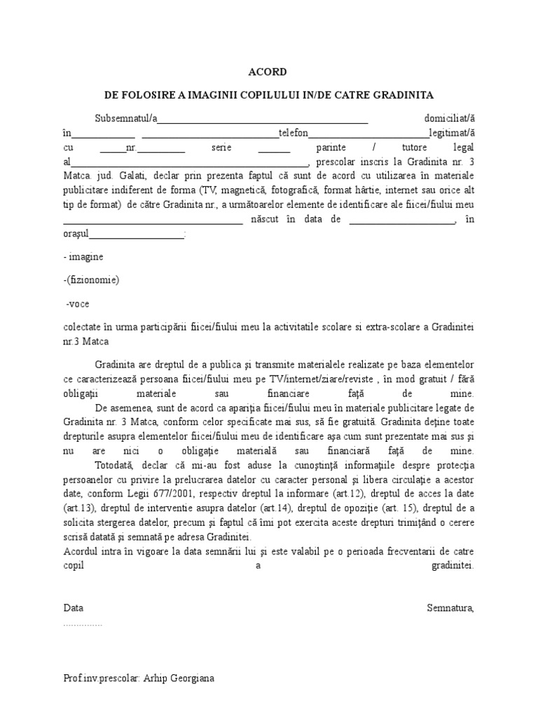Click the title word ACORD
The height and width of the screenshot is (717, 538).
coord(268,72)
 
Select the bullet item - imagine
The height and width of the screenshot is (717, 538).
coord(83,257)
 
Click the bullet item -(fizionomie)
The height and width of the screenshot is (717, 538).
coord(91,280)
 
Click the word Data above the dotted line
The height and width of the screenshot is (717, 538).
coord(73,608)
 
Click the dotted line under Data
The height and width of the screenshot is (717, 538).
coord(83,623)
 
